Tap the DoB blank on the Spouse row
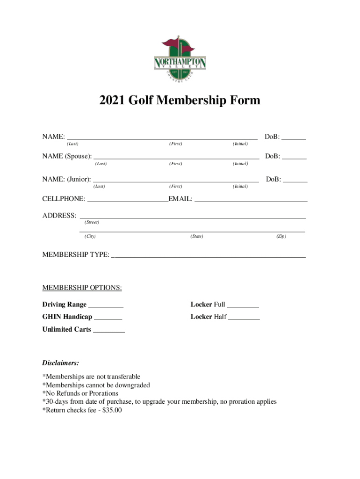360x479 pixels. point(295,158)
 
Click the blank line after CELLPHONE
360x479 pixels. point(128,200)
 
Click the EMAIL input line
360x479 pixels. point(251,200)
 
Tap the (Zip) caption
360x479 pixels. point(281,236)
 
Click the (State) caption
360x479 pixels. point(196,236)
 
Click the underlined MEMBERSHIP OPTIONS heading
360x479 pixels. point(82,288)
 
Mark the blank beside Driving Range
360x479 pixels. point(106,305)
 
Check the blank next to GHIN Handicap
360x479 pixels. point(108,318)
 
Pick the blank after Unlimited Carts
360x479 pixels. point(109,331)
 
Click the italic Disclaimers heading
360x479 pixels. point(60,363)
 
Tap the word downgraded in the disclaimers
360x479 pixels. point(131,385)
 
